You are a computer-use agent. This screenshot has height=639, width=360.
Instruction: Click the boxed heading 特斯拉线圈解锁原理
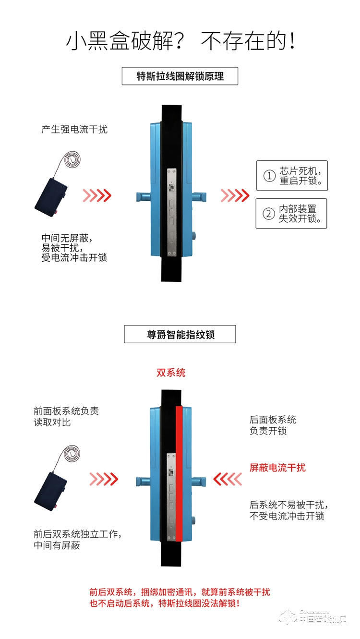(x=180, y=76)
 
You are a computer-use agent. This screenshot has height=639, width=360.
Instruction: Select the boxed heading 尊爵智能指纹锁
(x=180, y=335)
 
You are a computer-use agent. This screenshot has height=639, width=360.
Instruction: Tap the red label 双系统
(x=171, y=373)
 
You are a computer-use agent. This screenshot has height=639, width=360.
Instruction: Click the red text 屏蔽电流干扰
(x=277, y=468)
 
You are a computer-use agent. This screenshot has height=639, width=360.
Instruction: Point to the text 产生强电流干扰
(x=74, y=130)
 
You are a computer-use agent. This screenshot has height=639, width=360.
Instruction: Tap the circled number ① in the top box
(x=269, y=176)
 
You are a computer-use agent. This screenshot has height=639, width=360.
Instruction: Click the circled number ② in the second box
(x=269, y=214)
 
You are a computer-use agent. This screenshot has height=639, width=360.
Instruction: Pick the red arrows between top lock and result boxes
(x=235, y=195)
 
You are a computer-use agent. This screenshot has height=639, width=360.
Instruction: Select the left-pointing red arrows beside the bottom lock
(x=228, y=479)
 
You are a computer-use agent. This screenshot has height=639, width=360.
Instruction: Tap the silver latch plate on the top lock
(x=172, y=211)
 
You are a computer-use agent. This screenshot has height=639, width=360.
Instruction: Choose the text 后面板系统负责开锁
(x=273, y=425)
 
